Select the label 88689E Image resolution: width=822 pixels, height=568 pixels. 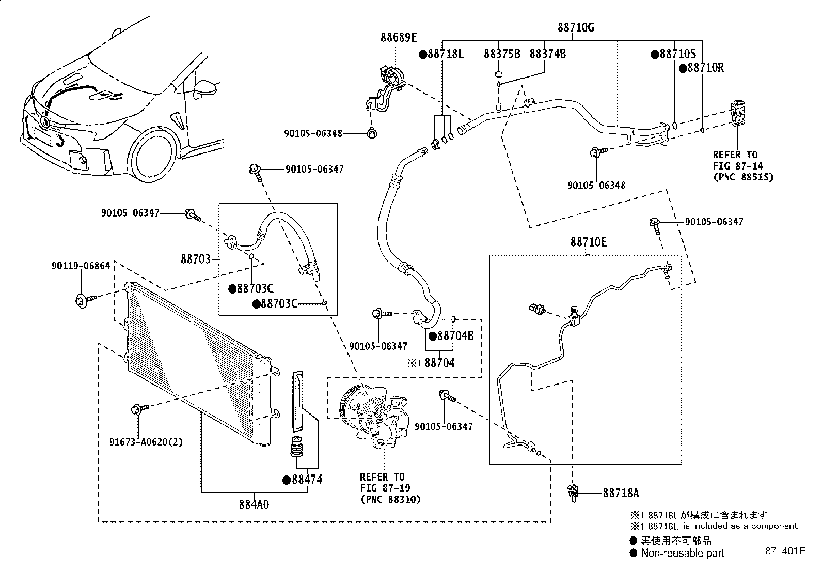[x=399, y=37]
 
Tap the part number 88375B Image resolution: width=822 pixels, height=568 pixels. [x=502, y=54]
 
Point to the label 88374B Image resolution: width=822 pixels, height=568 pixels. [x=547, y=54]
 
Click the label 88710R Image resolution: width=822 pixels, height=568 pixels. [x=705, y=68]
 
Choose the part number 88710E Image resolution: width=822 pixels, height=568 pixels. [x=588, y=242]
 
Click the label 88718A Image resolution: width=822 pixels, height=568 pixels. [x=621, y=493]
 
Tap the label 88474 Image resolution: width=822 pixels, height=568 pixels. [x=307, y=480]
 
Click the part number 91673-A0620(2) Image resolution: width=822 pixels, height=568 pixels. [x=146, y=442]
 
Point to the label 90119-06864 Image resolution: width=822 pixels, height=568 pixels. [x=81, y=266]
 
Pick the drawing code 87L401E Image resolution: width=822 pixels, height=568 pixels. [x=785, y=551]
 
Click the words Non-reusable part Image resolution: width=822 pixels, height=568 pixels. [x=682, y=553]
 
